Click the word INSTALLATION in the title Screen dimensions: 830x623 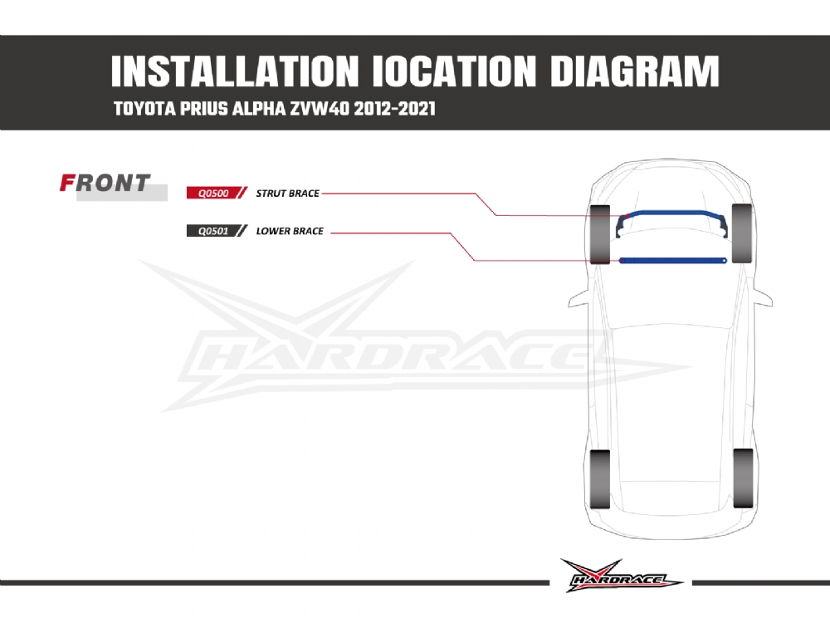coord(235,71)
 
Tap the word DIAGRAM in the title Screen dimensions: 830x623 coord(635,71)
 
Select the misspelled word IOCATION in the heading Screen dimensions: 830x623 coord(455,71)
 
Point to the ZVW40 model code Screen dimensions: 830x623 coord(320,109)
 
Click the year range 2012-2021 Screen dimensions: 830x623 coord(395,109)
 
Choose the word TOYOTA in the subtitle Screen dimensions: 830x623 coord(144,109)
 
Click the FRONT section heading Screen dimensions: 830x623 coord(105,183)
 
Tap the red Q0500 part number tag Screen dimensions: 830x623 coord(217,193)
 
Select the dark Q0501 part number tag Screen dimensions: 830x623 coord(217,230)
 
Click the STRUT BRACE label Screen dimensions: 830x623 coord(287,194)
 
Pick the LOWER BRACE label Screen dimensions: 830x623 coord(290,231)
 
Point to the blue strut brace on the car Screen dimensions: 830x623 coord(671,213)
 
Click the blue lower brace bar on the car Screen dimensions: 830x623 coord(672,260)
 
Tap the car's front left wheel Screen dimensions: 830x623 coord(600,233)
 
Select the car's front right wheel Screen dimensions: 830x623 coord(742,233)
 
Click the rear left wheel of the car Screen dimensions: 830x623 coord(600,479)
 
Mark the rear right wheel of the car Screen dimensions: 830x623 coord(743,478)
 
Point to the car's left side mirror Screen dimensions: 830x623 coord(579,298)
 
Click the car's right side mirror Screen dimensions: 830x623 coord(762,297)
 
